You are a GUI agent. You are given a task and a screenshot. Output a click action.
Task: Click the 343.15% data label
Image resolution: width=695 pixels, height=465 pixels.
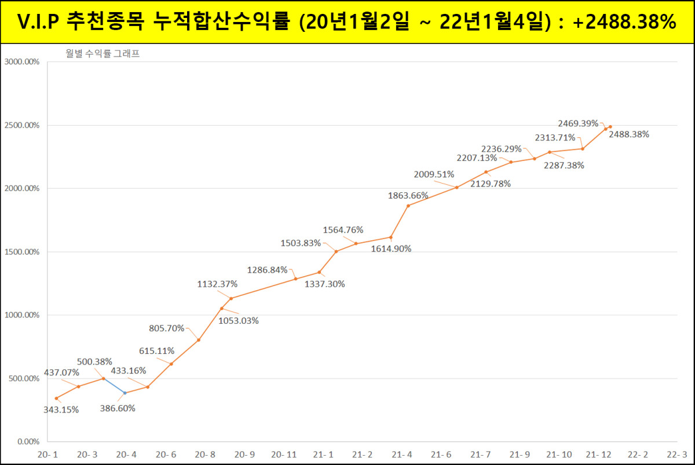pos(61,409)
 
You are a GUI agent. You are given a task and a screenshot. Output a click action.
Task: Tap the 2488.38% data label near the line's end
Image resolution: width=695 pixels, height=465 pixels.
pos(630,134)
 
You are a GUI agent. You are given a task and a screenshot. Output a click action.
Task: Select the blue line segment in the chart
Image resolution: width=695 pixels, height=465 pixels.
pos(114,386)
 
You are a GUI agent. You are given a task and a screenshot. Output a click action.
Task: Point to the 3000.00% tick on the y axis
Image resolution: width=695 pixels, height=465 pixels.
pos(22,61)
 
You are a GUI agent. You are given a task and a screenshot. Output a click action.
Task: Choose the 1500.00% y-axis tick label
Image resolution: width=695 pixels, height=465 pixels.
pos(22,252)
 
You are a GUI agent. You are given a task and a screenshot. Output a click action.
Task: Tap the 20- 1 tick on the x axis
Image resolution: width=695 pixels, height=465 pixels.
pos(47,455)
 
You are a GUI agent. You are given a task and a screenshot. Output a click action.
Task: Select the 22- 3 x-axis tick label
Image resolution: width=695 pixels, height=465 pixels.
pos(676,455)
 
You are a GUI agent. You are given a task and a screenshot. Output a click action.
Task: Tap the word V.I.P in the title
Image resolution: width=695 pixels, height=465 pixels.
pos(39,22)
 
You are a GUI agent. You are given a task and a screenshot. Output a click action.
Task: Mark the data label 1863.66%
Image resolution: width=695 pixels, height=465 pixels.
pos(408,196)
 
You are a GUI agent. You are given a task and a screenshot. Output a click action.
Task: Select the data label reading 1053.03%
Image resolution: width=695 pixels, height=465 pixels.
pos(239,321)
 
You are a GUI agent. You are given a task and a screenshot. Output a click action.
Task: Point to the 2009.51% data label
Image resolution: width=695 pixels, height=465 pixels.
pos(434,174)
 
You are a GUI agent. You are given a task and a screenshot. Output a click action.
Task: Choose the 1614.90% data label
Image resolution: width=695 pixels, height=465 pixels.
pos(392,249)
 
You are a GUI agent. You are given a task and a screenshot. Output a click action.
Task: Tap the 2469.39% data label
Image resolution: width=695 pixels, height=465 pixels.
pos(578,123)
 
